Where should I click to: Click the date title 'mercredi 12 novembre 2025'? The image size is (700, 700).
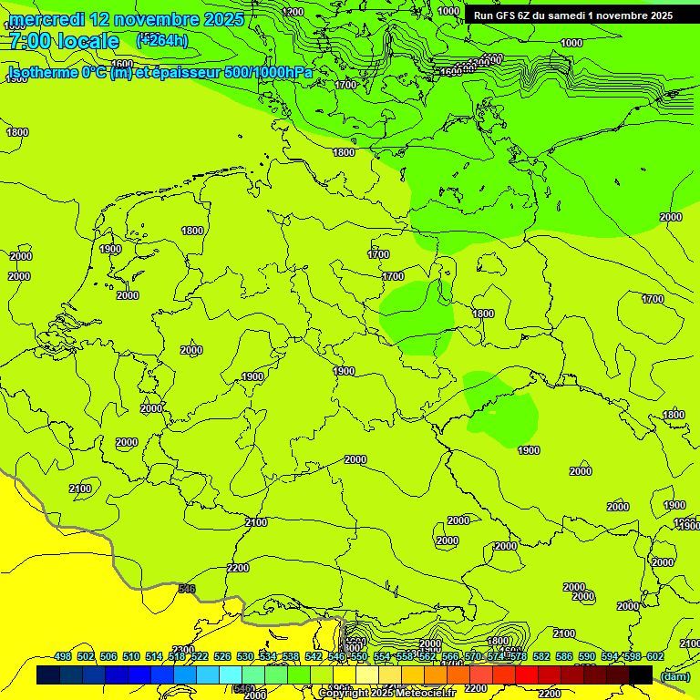coord(126,19)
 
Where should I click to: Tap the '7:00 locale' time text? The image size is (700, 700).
coord(64,41)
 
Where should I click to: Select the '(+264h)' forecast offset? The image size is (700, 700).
coord(162,40)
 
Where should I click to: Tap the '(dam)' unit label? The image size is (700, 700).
coord(674,675)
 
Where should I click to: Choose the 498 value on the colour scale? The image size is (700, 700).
coord(63,657)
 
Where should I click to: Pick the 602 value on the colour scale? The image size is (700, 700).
coord(654,657)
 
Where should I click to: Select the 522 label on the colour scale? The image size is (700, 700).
coord(200,657)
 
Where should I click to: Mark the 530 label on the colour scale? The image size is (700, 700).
coord(245,657)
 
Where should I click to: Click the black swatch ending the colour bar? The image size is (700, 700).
coord(641,674)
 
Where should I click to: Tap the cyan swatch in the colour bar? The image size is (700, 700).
coord(231,674)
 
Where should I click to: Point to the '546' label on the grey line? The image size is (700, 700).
coord(187,589)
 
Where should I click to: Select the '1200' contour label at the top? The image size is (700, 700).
coord(293,12)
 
